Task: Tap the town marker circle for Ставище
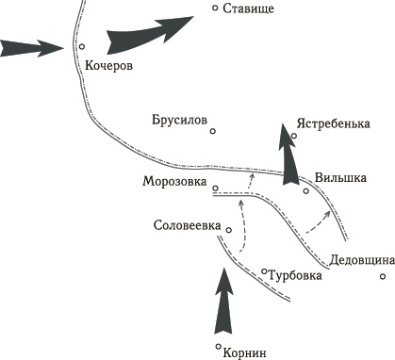tap(215, 8)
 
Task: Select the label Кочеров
tap(109, 66)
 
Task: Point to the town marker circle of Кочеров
tap(82, 45)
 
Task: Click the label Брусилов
tap(178, 121)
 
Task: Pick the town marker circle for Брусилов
tap(214, 132)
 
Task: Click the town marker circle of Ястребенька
tap(294, 136)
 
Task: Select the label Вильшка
tap(340, 176)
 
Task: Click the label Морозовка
tap(174, 182)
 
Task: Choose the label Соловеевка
tap(187, 225)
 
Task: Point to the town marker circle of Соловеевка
tap(229, 228)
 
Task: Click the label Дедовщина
tap(354, 260)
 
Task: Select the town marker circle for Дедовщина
tap(383, 276)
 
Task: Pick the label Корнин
tap(247, 352)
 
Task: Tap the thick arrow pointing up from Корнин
tap(222, 302)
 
